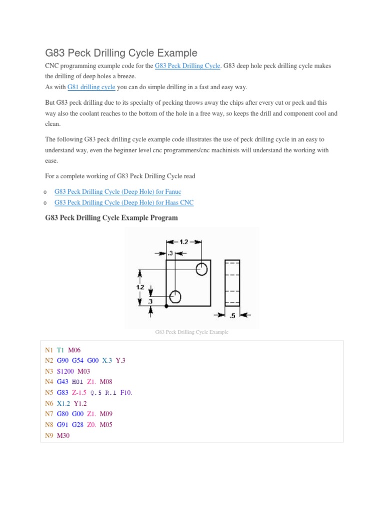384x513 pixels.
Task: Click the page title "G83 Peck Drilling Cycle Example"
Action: tap(121, 53)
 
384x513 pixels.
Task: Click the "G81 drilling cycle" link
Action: tap(95, 87)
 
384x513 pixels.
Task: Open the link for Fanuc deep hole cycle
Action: tap(117, 192)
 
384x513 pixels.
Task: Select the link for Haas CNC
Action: tap(123, 202)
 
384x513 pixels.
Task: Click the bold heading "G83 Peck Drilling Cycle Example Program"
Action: tap(111, 218)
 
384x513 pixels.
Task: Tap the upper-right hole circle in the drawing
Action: tap(201, 269)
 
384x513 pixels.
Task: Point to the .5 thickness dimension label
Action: tap(232, 316)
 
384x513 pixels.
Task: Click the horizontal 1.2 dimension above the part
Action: tap(183, 241)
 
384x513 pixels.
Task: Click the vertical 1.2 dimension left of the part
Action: tap(140, 287)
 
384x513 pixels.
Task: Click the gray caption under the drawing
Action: tap(192, 332)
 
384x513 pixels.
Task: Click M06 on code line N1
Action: tap(74, 350)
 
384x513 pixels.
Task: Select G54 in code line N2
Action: tap(77, 360)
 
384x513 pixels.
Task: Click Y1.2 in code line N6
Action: tap(80, 403)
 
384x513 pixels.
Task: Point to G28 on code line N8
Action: tap(77, 425)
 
